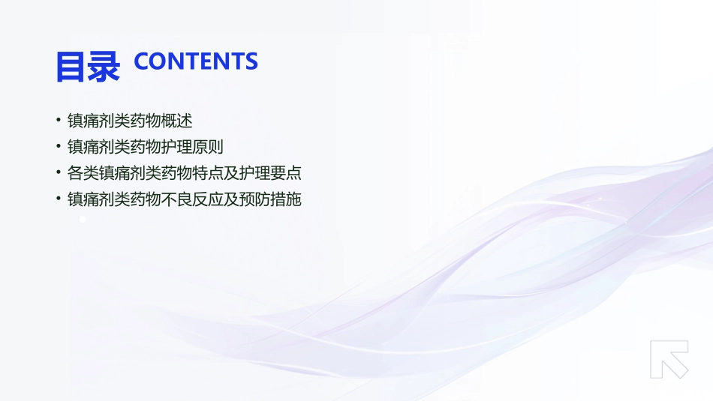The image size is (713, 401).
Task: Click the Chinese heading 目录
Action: click(87, 67)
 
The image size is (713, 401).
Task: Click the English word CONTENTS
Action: click(195, 61)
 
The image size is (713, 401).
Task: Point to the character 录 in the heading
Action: click(104, 67)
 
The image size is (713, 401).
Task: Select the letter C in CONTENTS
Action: click(141, 61)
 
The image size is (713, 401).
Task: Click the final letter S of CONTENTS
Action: click(251, 61)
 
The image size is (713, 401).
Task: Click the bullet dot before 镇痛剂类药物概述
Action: click(58, 120)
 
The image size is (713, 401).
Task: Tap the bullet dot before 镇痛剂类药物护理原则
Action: click(58, 146)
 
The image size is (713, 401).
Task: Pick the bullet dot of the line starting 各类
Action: click(58, 172)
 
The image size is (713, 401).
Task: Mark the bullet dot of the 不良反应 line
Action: click(58, 199)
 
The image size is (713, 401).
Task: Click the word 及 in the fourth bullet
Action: click(231, 199)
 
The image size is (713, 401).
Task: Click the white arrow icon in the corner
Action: click(669, 359)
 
